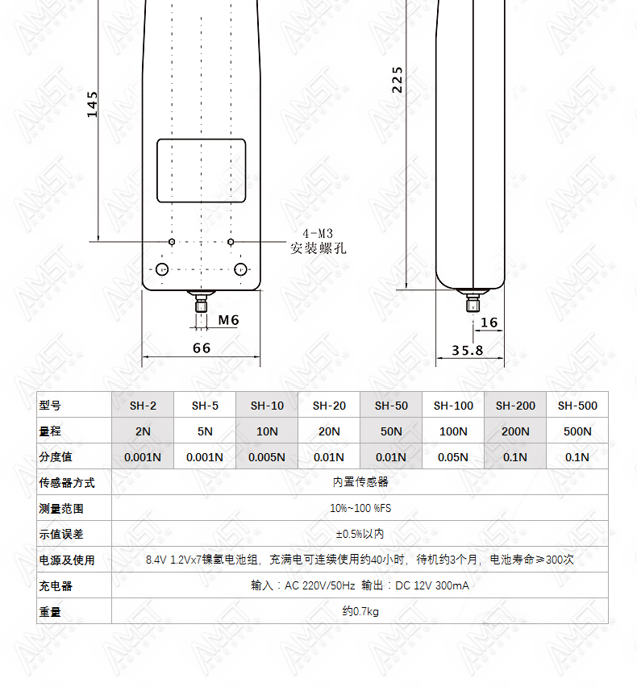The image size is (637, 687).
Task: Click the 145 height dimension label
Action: tap(92, 104)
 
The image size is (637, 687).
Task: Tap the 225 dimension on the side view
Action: tap(397, 80)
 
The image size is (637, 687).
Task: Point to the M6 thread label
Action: tap(229, 320)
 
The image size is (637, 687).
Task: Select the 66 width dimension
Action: tap(202, 348)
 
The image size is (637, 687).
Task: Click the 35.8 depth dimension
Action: tap(468, 351)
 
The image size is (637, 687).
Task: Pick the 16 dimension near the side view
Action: tap(489, 323)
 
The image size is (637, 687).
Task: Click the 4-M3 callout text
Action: tap(318, 234)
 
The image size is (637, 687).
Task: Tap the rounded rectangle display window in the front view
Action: tap(201, 139)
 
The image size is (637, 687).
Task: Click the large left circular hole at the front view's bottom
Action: tap(162, 269)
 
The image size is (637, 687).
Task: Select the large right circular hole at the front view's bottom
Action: tap(240, 269)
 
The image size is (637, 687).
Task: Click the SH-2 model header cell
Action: tap(143, 406)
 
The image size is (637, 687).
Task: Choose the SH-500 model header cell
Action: tap(577, 406)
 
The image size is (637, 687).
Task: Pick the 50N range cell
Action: tap(391, 431)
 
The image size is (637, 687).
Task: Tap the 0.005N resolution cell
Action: tap(267, 457)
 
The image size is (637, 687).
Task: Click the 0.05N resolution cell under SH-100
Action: tap(453, 457)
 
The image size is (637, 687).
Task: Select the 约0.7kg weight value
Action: tap(360, 611)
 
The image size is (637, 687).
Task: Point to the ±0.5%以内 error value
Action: tap(360, 534)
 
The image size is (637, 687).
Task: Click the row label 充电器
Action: tap(56, 586)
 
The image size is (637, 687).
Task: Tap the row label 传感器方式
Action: tap(67, 483)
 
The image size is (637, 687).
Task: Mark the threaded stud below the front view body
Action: tap(201, 302)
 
